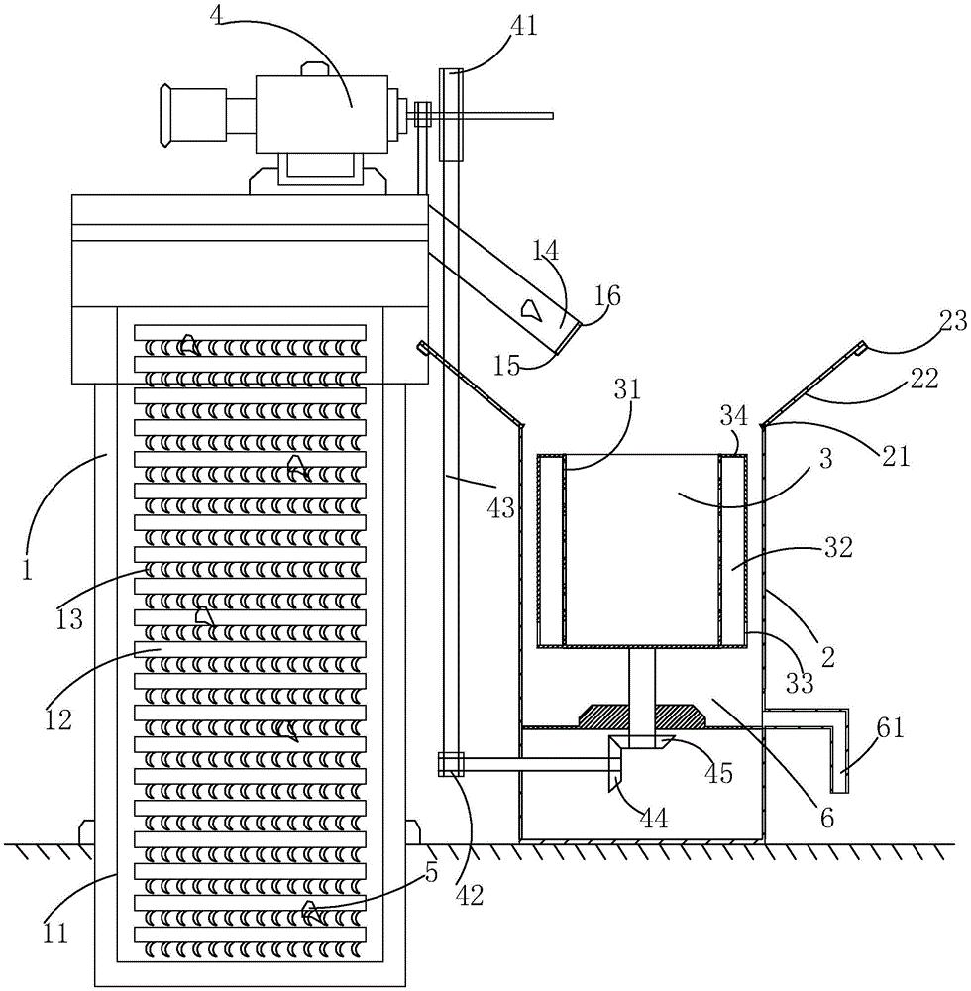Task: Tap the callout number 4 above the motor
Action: [x=217, y=15]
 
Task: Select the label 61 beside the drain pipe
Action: [x=890, y=728]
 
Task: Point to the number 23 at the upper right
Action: [x=953, y=322]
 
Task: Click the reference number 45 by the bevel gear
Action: [x=718, y=772]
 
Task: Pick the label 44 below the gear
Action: [x=653, y=819]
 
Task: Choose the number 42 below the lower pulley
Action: [x=469, y=894]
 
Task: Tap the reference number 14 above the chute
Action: [x=545, y=251]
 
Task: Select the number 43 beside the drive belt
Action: [x=501, y=507]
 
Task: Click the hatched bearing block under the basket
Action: [x=643, y=715]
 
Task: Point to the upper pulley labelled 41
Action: [x=451, y=114]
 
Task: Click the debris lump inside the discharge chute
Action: [x=529, y=309]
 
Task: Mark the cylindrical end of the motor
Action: [x=193, y=115]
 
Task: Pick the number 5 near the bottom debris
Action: [x=431, y=873]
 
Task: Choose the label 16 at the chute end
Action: [x=607, y=295]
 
